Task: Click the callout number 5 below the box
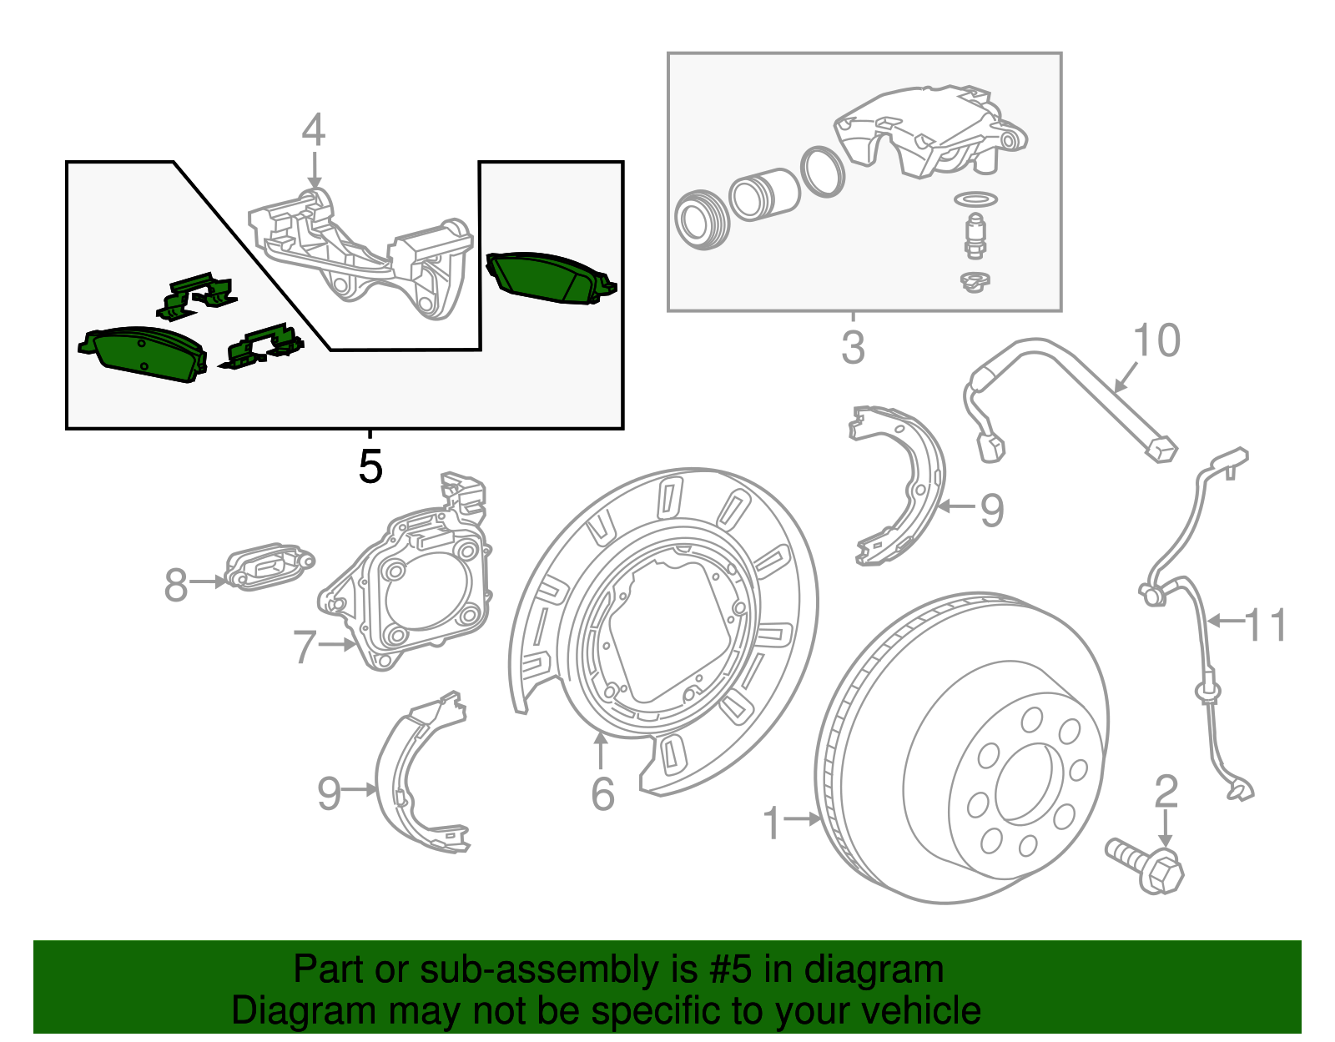(370, 466)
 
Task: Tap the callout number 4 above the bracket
(313, 130)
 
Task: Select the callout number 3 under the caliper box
(853, 347)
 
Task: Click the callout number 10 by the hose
(1156, 341)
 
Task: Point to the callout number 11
(1266, 625)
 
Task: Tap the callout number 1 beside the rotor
(773, 823)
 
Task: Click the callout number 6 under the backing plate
(602, 793)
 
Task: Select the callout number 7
(305, 647)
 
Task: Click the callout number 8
(175, 585)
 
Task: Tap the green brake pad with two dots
(142, 354)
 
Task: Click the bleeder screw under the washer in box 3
(974, 235)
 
